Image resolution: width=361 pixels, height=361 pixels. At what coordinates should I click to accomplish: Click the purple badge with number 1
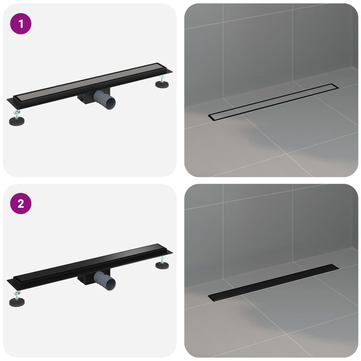click(22, 24)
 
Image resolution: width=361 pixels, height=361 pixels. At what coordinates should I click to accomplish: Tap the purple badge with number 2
click(22, 204)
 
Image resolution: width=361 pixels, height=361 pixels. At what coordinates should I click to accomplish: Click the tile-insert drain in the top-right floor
click(273, 102)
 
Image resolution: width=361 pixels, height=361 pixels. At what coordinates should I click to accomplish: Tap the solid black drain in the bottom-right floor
click(273, 282)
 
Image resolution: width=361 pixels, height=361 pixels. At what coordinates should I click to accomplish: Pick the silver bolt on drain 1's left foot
click(17, 114)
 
